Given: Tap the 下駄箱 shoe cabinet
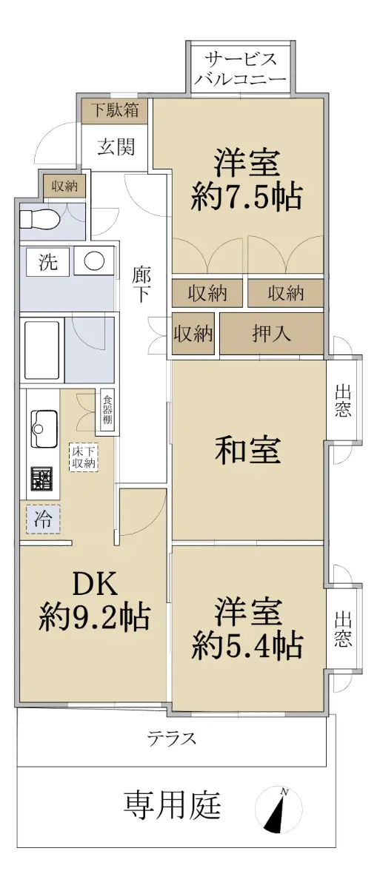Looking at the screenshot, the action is (x=115, y=110).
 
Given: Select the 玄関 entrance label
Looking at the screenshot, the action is (x=116, y=147).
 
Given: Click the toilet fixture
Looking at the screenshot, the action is (x=40, y=219).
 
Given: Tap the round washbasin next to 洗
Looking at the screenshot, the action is (x=94, y=261).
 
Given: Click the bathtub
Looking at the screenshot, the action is (x=42, y=350).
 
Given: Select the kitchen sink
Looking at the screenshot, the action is (x=43, y=429).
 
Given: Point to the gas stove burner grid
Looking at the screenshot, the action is (x=42, y=480).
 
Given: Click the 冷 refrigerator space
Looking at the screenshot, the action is (x=43, y=519).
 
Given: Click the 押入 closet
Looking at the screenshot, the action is (x=271, y=334).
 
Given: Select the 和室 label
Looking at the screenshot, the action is (x=248, y=451).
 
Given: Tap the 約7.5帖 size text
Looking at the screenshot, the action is (x=247, y=197).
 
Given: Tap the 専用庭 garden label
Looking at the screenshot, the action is (x=172, y=805).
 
